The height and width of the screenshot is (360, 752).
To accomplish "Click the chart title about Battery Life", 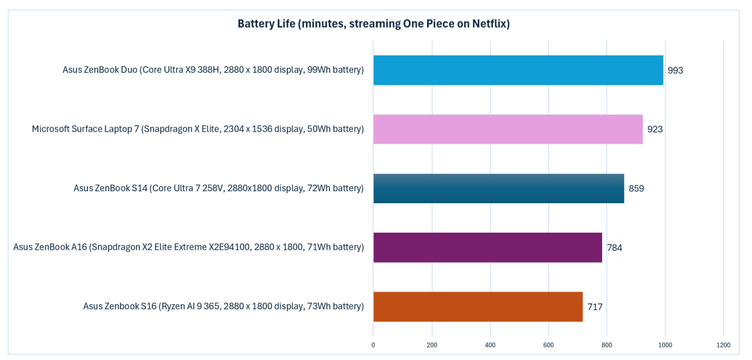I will (x=373, y=24).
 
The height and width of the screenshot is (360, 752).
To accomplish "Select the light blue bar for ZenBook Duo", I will (x=518, y=70).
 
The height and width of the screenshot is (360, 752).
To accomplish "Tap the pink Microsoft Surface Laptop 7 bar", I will (x=508, y=129).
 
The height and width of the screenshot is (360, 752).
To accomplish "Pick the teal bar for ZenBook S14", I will (x=499, y=188).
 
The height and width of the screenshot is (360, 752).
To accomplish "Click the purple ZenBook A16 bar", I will (x=487, y=247).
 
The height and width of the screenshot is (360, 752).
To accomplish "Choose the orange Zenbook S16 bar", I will (x=478, y=306).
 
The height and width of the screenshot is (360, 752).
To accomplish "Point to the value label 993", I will (x=675, y=70).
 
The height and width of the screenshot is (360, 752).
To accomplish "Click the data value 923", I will (x=655, y=129).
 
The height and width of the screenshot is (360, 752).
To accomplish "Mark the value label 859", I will (x=636, y=188).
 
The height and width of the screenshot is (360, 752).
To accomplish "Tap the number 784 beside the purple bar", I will (x=614, y=247).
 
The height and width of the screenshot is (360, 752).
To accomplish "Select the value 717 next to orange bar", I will (x=595, y=307).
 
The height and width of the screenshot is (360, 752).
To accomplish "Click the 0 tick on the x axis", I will (x=373, y=345).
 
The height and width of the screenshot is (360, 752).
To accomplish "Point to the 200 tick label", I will (x=432, y=345).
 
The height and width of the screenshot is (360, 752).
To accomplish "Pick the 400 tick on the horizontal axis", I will (x=490, y=345).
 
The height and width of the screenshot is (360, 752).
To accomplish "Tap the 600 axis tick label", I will (x=548, y=345).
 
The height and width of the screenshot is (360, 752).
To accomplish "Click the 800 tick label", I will (x=606, y=345).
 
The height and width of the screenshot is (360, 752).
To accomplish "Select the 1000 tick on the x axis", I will (x=665, y=345).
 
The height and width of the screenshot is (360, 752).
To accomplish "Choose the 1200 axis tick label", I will (x=723, y=345).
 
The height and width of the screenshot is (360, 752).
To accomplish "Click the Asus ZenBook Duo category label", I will (x=213, y=70).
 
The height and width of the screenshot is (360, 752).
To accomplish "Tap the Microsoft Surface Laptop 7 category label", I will (x=198, y=129).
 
